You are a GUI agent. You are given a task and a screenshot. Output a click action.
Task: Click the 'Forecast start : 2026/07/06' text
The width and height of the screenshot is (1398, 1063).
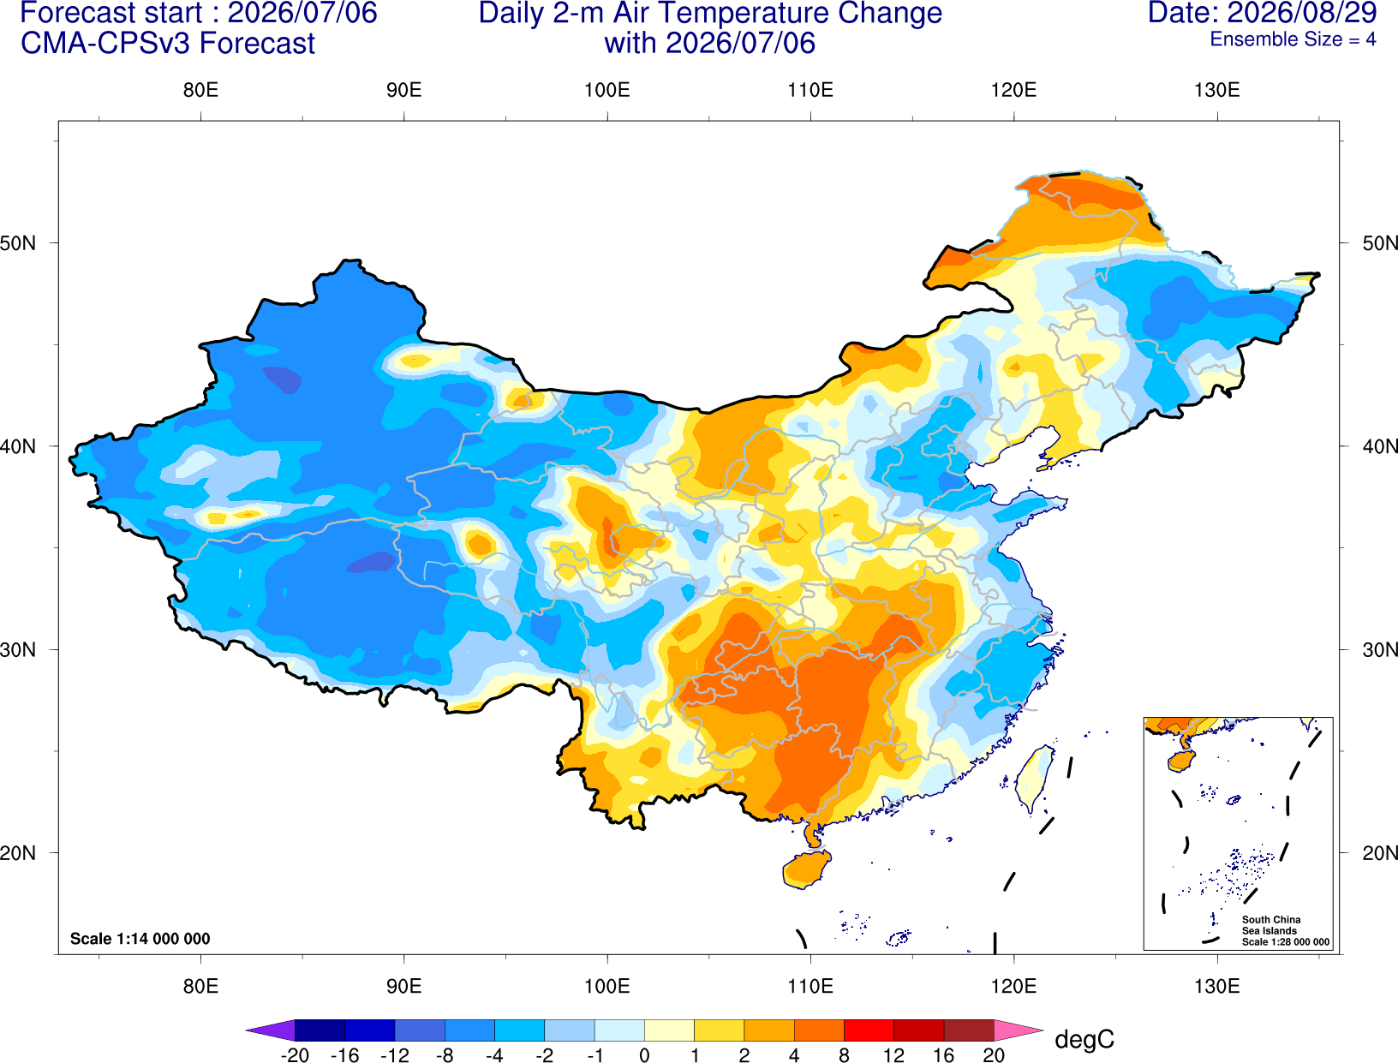199,13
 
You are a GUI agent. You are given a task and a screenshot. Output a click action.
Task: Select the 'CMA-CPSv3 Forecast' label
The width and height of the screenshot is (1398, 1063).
168,44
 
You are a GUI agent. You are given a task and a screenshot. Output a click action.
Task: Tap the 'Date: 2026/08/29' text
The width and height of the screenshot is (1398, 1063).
1263,13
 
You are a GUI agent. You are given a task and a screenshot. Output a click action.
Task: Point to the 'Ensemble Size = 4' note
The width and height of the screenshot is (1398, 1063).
1293,39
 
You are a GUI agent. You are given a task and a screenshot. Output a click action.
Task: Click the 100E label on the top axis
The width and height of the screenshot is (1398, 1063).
607,90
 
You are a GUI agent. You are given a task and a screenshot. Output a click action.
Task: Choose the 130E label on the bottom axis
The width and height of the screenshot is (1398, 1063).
1217,987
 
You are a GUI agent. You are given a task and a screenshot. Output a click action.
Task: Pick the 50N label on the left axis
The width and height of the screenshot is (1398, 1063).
18,243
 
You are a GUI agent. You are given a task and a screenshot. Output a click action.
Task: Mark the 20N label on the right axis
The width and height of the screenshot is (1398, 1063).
1379,853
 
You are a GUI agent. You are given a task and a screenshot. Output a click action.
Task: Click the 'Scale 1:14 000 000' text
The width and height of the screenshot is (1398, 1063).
140,939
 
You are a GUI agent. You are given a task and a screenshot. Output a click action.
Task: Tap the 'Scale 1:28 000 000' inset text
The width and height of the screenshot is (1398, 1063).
1285,942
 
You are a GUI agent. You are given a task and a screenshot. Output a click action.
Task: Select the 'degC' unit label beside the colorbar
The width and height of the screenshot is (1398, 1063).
1084,1039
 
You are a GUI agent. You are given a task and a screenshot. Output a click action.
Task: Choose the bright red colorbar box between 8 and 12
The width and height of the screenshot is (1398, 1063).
869,1030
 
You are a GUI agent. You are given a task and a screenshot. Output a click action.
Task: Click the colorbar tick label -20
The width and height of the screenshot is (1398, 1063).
295,1055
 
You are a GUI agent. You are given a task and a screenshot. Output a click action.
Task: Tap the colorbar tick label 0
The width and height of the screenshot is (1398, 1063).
644,1055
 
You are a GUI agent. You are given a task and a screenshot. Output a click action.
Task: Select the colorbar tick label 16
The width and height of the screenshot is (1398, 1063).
944,1055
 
